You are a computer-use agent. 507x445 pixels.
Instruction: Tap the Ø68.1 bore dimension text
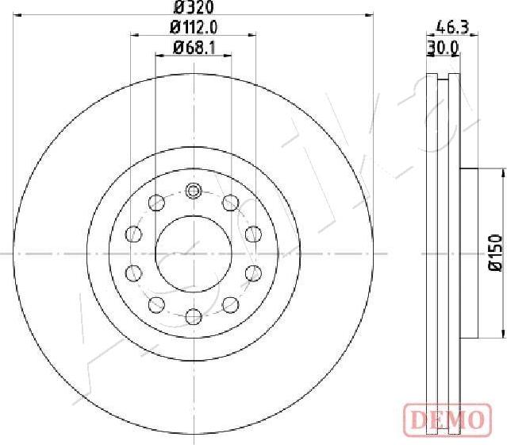tap(193, 48)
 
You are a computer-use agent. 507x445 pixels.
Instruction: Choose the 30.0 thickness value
tap(443, 48)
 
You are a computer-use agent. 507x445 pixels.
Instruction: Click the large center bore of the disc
tap(193, 253)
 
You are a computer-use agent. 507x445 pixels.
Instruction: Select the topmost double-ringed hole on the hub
tap(193, 191)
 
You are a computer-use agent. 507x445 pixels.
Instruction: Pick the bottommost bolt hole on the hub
tap(193, 317)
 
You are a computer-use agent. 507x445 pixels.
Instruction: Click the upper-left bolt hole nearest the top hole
tap(156, 202)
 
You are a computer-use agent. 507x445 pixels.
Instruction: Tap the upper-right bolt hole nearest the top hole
tap(230, 202)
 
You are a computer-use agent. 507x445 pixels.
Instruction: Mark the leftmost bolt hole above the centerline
tap(133, 234)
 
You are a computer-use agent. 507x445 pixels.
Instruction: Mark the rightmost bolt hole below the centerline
tap(252, 273)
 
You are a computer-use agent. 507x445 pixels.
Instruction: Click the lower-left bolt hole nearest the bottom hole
tap(156, 304)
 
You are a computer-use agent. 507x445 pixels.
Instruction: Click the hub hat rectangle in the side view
tap(470, 253)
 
